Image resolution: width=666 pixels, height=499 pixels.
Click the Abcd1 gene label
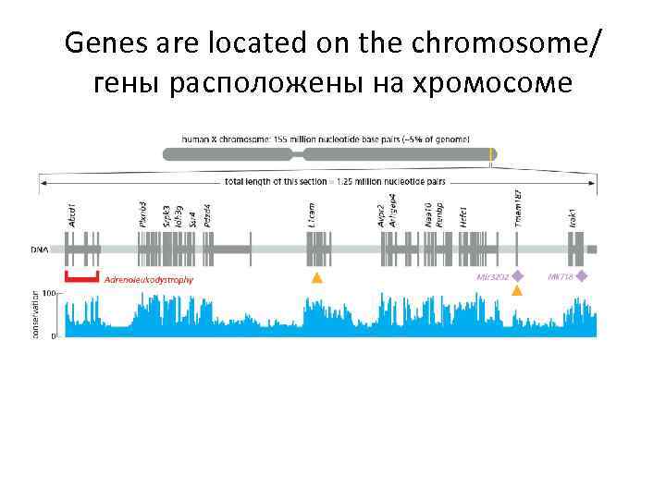click(73, 216)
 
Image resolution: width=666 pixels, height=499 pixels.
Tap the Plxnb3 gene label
click(142, 213)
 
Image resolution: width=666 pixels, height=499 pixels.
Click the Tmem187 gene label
click(518, 208)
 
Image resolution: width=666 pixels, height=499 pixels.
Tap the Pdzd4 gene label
click(207, 214)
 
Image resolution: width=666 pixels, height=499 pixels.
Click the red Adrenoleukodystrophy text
click(149, 279)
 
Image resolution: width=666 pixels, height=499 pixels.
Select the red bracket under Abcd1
click(81, 276)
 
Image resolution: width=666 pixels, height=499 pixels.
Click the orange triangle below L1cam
click(317, 277)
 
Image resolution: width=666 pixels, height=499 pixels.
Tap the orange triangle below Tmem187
click(517, 291)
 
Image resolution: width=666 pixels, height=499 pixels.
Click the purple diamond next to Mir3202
click(518, 275)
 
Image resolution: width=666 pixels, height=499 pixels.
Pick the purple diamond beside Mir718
click(582, 275)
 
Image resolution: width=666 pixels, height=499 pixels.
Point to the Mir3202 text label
click(492, 276)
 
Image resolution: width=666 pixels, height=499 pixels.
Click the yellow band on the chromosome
click(491, 154)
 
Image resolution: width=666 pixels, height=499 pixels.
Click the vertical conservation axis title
click(36, 314)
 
